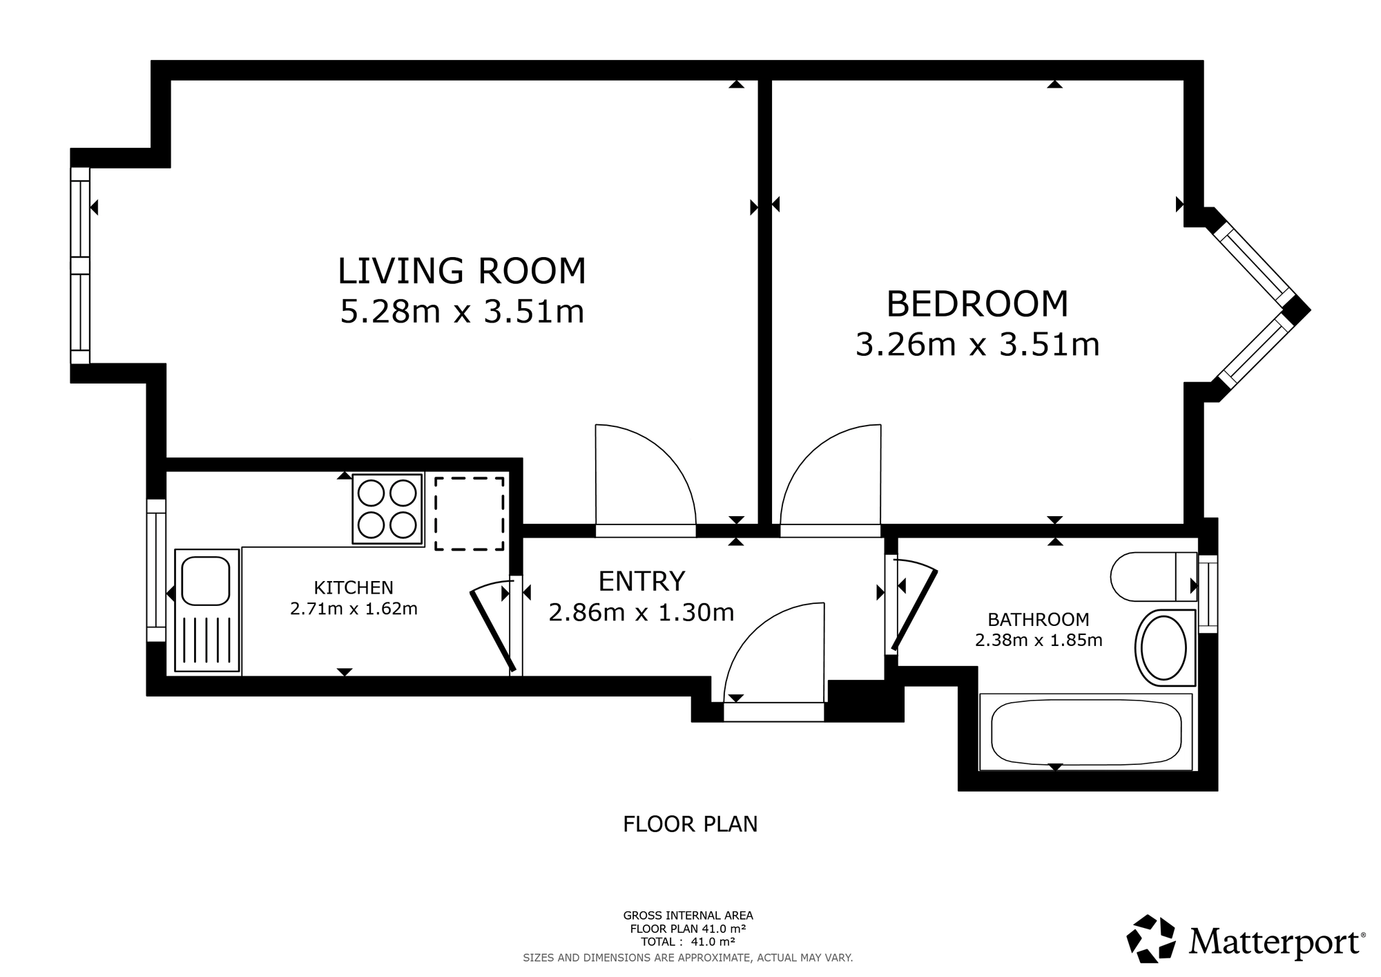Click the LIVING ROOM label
461,271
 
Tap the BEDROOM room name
977,304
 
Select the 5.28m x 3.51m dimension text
462,312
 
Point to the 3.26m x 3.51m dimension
977,345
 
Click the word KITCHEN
354,588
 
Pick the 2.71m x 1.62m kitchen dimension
354,609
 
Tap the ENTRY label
641,582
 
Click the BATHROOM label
1039,620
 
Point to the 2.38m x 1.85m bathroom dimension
1039,641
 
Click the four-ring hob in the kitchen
387,509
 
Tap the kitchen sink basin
206,581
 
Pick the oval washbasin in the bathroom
1164,648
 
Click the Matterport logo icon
1151,939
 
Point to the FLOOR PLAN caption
690,824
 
